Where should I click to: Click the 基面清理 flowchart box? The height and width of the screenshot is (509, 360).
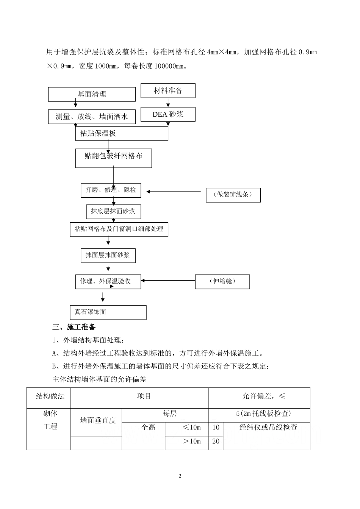92,94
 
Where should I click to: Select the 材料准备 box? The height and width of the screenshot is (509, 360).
168,91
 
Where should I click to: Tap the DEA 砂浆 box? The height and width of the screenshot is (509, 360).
168,114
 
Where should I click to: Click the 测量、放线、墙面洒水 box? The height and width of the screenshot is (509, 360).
92,117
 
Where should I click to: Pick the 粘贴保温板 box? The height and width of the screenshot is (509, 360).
122,133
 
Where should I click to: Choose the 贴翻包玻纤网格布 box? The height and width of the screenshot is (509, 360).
114,158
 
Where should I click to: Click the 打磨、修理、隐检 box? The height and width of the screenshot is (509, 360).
111,190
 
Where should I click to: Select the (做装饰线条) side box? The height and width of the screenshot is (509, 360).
233,195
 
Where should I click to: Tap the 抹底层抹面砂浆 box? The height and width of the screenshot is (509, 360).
113,212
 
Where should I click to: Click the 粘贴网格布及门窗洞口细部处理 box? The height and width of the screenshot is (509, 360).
119,229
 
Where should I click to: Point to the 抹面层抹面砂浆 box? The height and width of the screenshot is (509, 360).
108,255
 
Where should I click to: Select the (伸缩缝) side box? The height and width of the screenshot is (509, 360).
222,281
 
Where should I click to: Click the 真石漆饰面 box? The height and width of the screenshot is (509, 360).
108,312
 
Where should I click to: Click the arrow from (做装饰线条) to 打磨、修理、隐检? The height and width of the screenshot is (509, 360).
174,192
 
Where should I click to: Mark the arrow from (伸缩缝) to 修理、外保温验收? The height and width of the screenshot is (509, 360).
168,281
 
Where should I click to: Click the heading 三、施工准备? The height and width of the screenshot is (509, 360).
74,327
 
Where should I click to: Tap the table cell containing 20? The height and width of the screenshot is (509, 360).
216,442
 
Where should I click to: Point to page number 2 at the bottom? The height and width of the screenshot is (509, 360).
180,476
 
